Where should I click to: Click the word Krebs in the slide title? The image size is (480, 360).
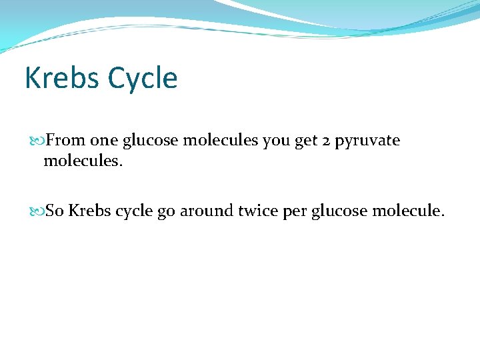click(61, 78)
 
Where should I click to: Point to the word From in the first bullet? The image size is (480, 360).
click(65, 141)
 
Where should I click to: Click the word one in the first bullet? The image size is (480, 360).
click(104, 141)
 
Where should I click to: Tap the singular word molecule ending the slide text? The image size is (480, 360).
click(408, 211)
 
